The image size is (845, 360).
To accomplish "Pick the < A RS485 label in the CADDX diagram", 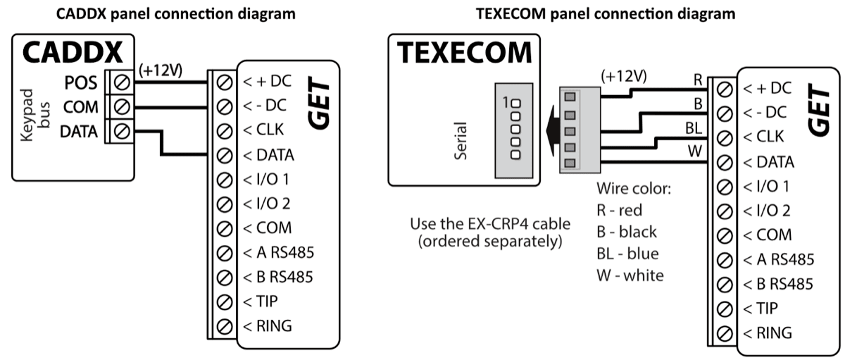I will click(278, 252).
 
